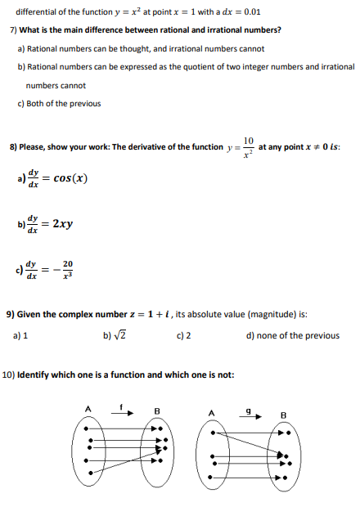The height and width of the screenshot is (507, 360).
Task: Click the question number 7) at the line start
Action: pyautogui.click(x=13, y=29)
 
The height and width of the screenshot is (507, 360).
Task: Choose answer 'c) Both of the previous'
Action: pyautogui.click(x=59, y=103)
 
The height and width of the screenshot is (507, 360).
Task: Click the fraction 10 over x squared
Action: pyautogui.click(x=249, y=147)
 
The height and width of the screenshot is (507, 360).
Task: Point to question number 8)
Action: pyautogui.click(x=13, y=147)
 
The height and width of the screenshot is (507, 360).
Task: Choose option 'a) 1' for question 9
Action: pyautogui.click(x=21, y=335)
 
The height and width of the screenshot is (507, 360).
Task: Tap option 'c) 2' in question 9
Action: pyautogui.click(x=183, y=335)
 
